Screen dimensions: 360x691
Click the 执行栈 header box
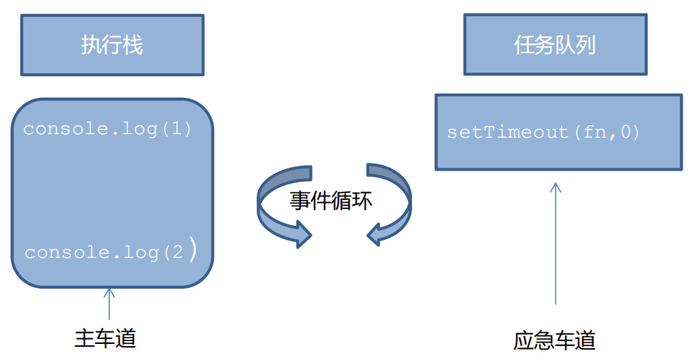coord(112,45)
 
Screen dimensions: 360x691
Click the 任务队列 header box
coord(555,45)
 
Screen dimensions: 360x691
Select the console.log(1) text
coord(107,129)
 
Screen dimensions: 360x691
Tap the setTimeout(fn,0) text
coord(543,132)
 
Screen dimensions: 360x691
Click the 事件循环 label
coord(332,201)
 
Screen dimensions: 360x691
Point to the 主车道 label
coord(105,338)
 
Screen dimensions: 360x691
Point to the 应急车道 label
coord(554,341)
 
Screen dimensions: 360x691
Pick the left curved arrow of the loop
coord(280,206)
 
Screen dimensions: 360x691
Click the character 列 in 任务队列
coord(585,45)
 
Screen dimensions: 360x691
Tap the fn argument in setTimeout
coord(595,132)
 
